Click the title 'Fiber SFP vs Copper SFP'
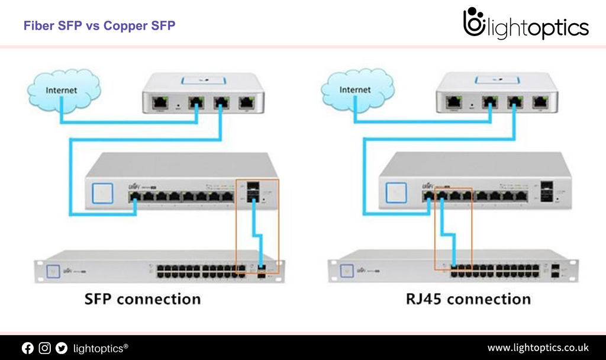(99, 25)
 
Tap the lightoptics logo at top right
(526, 25)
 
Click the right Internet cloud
(355, 91)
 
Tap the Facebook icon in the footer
(28, 348)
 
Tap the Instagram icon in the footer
(45, 348)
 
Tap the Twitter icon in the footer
(62, 348)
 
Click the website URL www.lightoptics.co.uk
(538, 348)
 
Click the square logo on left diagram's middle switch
(102, 192)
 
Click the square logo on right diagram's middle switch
(396, 192)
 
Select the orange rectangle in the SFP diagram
(257, 226)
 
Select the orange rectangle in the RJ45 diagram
(453, 229)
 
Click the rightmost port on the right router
(539, 102)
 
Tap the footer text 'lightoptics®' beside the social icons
(101, 348)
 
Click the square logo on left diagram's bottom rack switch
(54, 269)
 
